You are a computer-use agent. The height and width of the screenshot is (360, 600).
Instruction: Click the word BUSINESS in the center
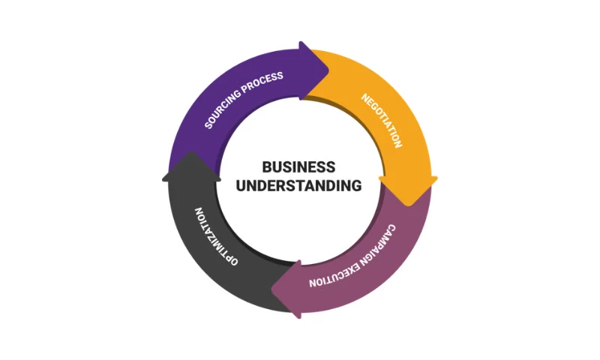pos(298,167)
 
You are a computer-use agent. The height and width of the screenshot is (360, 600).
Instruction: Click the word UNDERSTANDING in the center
pos(298,185)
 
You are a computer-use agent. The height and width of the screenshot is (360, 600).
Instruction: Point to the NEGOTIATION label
pos(382,120)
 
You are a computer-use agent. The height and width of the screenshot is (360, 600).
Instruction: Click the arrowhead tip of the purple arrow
pos(328,70)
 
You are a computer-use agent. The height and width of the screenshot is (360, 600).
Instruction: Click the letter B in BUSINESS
pos(266,167)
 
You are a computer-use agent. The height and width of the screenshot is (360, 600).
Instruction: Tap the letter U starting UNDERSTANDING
pos(241,185)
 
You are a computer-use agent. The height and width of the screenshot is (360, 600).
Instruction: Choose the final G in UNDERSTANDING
pos(356,185)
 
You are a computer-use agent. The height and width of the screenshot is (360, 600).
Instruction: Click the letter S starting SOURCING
pos(208,125)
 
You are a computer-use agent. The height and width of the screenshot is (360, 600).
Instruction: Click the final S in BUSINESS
pos(331,167)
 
